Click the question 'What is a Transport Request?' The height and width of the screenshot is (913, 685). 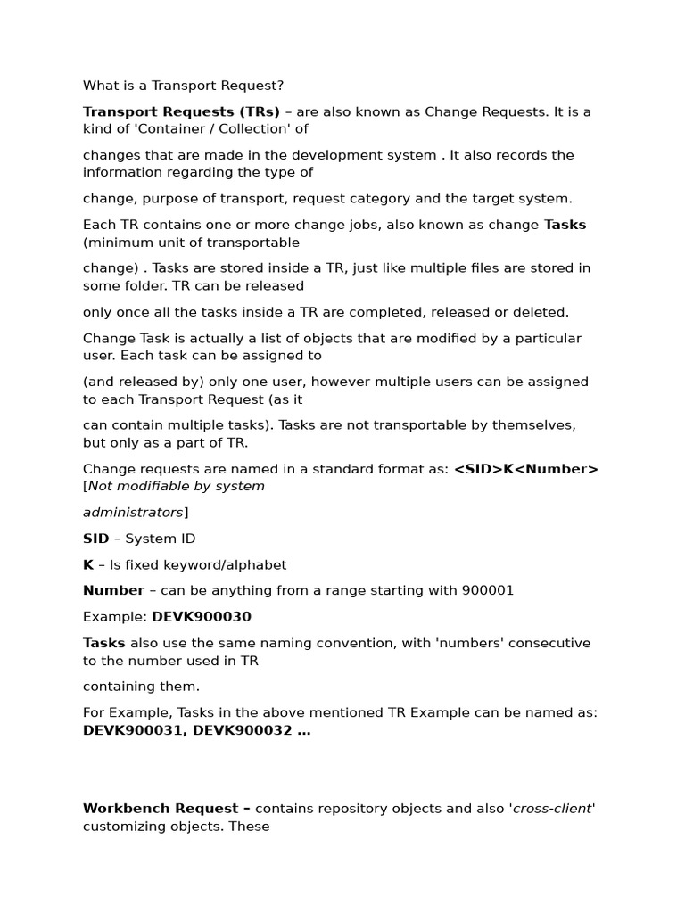coord(183,86)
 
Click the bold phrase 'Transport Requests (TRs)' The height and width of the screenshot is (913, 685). coord(181,111)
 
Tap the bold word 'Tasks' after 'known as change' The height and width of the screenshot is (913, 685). coord(565,225)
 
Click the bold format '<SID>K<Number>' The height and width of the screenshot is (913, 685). coord(525,469)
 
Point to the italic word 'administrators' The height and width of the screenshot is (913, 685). coord(133,513)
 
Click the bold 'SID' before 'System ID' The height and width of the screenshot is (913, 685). coord(95,539)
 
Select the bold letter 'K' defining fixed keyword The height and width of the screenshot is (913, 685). coord(87,564)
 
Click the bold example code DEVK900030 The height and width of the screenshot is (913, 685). coord(202,616)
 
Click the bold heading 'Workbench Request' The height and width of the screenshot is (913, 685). coord(161,809)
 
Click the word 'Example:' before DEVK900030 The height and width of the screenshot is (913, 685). coord(115,616)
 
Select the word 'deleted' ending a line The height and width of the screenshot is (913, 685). coord(541,312)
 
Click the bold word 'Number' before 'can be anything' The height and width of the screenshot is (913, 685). coord(113,590)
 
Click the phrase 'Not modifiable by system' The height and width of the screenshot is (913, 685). coord(177,487)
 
